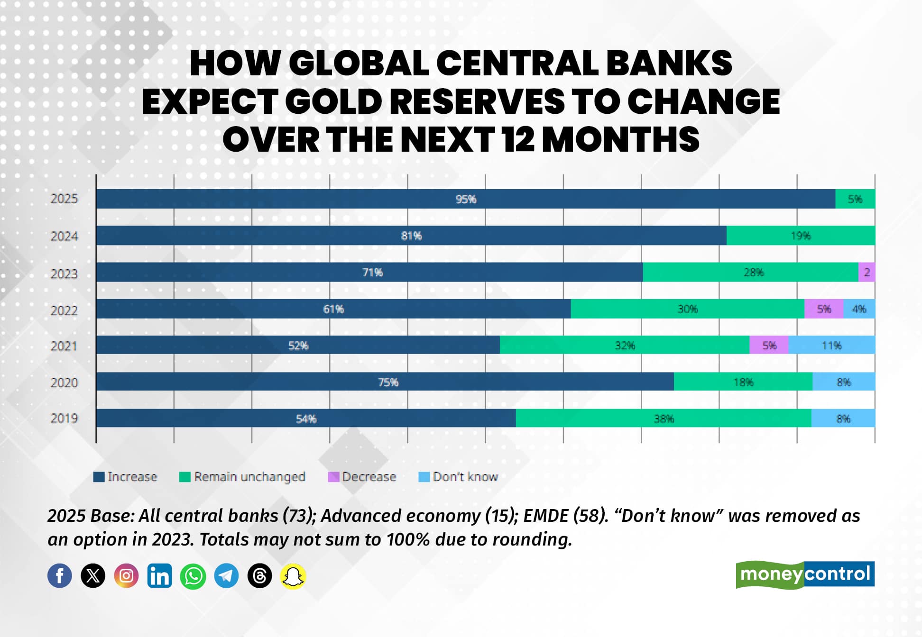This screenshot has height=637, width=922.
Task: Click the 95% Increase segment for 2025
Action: pyautogui.click(x=466, y=199)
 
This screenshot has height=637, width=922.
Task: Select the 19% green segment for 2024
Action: pyautogui.click(x=801, y=236)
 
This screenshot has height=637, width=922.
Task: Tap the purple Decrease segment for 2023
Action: pyautogui.click(x=867, y=272)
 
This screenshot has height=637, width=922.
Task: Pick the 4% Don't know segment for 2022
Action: pyautogui.click(x=859, y=309)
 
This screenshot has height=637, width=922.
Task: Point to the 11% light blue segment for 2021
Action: pyautogui.click(x=831, y=345)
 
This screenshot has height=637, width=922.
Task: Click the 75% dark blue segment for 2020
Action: pyautogui.click(x=385, y=382)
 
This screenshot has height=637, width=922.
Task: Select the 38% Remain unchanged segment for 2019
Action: pyautogui.click(x=664, y=418)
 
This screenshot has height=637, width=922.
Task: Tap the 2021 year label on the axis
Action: pyautogui.click(x=64, y=346)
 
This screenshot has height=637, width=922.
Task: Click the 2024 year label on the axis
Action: pyautogui.click(x=64, y=236)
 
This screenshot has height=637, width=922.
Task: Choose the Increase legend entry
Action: pyautogui.click(x=125, y=476)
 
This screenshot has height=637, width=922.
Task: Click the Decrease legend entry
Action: pyautogui.click(x=362, y=476)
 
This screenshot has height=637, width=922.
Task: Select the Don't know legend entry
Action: pyautogui.click(x=458, y=476)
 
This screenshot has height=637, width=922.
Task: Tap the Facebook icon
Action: pyautogui.click(x=60, y=576)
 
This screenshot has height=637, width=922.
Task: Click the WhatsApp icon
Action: pyautogui.click(x=193, y=576)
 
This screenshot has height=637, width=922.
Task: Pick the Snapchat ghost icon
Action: pyautogui.click(x=293, y=576)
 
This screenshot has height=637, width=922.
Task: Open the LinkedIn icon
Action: pyautogui.click(x=159, y=576)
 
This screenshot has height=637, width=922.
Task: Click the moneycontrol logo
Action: pyautogui.click(x=805, y=574)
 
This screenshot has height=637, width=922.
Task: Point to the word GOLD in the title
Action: pyautogui.click(x=333, y=101)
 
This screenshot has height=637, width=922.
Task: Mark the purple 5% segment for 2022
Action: pyautogui.click(x=824, y=309)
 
